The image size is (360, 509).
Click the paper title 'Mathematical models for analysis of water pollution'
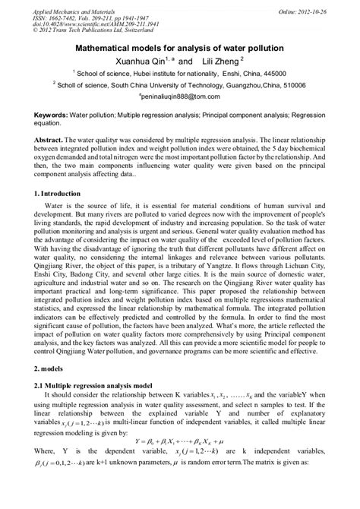tap(180, 46)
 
